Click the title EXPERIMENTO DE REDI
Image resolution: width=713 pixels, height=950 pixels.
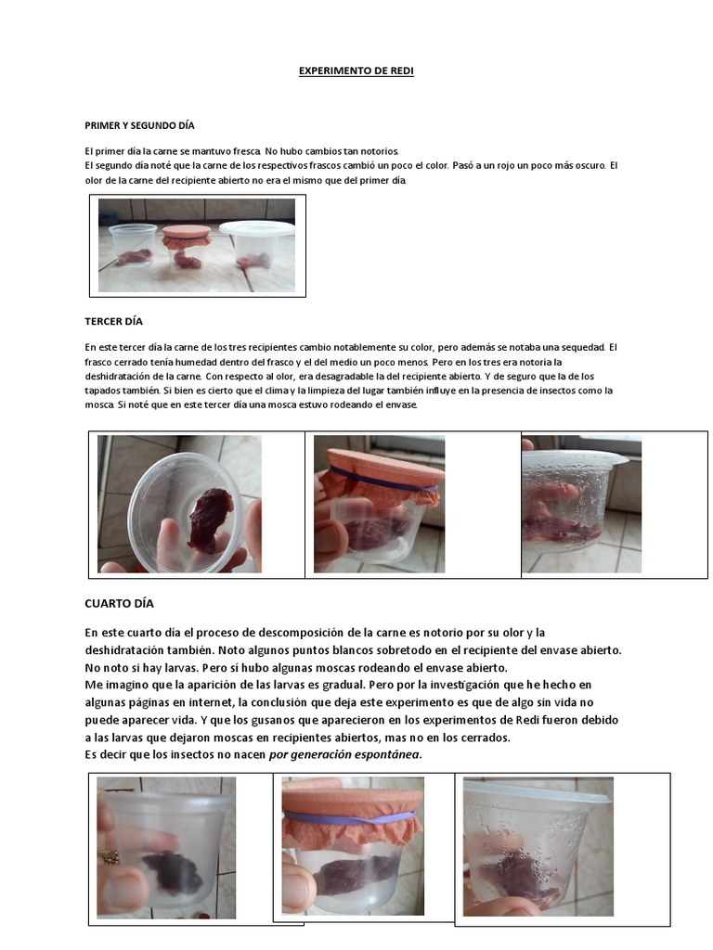click(356, 71)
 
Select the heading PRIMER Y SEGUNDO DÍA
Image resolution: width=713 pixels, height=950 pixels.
click(139, 124)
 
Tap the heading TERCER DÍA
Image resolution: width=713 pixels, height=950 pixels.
click(113, 321)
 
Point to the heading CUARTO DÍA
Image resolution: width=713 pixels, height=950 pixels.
click(119, 603)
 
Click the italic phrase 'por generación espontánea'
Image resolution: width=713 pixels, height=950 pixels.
click(344, 754)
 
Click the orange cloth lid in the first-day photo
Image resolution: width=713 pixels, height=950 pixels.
click(188, 232)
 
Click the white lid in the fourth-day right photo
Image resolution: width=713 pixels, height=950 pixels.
click(536, 790)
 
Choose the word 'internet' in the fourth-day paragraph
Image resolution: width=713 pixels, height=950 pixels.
click(207, 702)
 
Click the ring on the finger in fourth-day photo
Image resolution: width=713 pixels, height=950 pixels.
click(110, 856)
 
